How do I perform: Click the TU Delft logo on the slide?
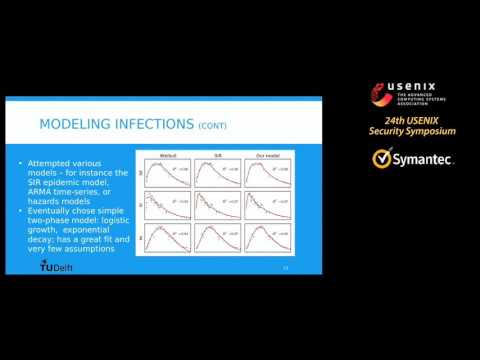click(55, 266)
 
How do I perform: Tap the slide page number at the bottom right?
click(287, 267)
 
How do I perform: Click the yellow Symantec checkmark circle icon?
click(381, 159)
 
